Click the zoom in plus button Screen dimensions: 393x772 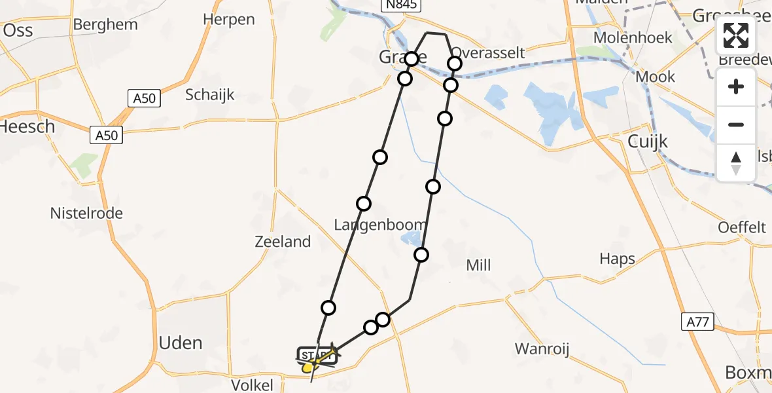736,86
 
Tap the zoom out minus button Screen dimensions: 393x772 736,124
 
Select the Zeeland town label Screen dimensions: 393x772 282,242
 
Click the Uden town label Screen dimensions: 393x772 181,343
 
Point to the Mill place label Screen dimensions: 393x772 478,265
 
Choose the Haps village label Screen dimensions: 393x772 617,259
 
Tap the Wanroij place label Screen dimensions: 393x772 542,348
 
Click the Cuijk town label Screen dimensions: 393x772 646,141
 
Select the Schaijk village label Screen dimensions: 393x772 210,94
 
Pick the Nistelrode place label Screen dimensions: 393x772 86,213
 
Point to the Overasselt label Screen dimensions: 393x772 488,53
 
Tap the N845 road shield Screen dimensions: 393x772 402,5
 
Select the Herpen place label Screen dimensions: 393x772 228,20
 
